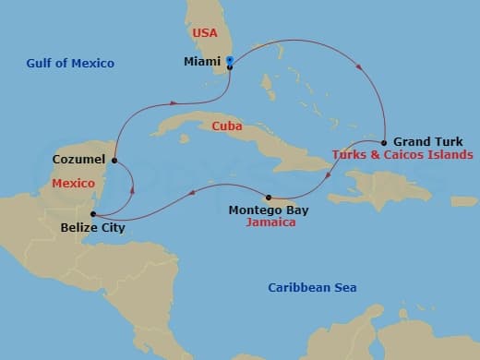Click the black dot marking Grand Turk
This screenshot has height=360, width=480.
384,142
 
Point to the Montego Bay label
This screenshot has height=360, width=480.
269,210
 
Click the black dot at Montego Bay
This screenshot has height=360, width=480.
268,198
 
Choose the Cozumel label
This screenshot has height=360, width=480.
78,160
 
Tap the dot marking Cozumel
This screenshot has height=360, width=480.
114,161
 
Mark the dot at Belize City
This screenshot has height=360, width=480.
92,214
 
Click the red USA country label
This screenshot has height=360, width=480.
204,33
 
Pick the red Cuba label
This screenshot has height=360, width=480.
226,126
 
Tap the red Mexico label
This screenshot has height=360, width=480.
74,184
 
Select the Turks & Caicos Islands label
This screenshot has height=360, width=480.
402,154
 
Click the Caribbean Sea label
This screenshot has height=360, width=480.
312,288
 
